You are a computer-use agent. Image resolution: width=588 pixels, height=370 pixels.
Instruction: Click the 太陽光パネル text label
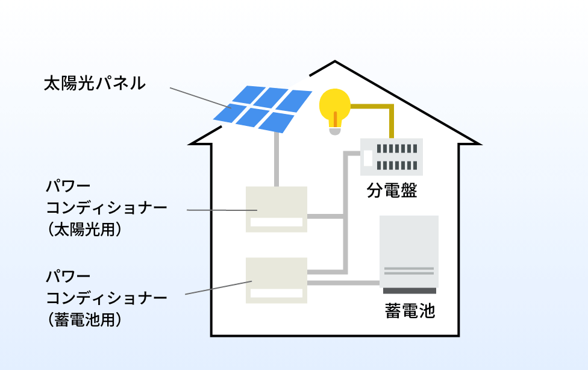tap(95, 83)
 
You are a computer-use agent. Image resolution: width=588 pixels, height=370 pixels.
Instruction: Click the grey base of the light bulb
tap(334, 130)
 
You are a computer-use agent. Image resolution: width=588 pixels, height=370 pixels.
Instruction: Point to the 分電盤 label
tap(392, 190)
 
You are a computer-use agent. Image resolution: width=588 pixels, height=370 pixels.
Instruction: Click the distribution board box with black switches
tap(392, 157)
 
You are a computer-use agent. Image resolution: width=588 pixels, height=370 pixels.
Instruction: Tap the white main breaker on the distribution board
tap(368, 158)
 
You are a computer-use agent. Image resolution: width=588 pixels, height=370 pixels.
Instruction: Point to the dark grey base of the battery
tap(409, 290)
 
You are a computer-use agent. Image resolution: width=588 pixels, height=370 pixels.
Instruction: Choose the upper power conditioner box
tap(277, 209)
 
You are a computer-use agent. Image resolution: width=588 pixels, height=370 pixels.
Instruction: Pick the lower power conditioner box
tap(277, 280)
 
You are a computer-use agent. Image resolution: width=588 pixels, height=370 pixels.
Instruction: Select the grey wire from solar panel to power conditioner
tap(277, 160)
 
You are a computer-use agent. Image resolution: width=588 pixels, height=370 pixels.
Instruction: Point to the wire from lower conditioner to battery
tap(343, 282)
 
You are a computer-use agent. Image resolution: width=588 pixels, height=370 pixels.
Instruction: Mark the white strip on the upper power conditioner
tap(277, 222)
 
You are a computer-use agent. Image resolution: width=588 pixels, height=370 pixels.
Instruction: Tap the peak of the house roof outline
tap(335, 62)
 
